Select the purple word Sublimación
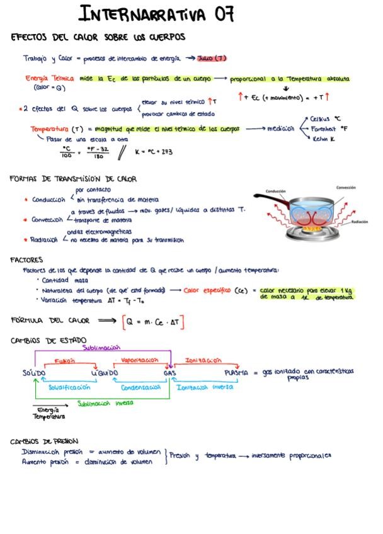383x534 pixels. (x=101, y=348)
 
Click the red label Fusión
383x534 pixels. (x=64, y=361)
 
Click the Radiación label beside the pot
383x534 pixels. (x=360, y=222)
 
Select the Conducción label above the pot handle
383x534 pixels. (x=275, y=190)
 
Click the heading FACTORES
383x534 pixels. (x=27, y=259)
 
